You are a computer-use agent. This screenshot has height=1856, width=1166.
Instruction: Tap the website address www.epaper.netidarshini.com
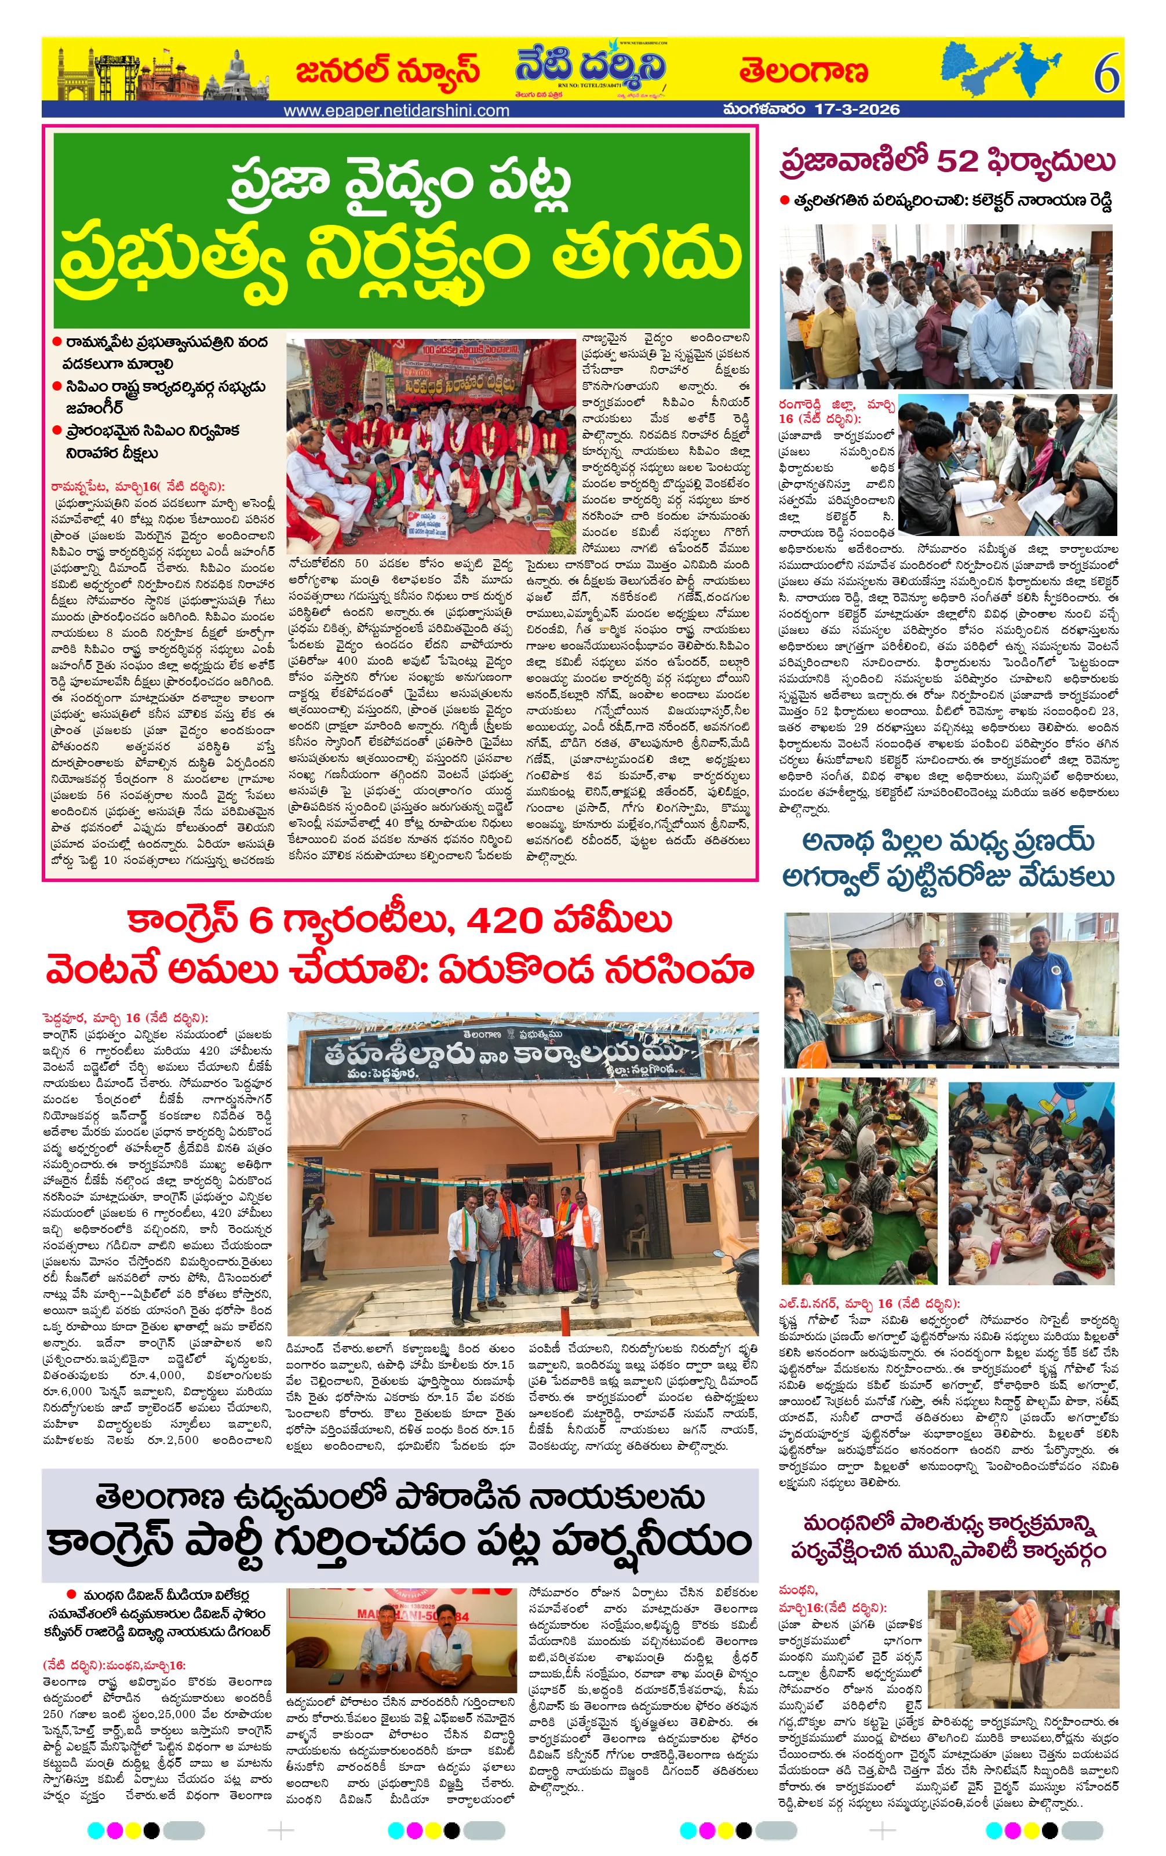[396, 110]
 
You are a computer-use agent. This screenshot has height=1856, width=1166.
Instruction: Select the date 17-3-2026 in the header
[856, 110]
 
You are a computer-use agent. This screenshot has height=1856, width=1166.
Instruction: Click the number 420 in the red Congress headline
[500, 920]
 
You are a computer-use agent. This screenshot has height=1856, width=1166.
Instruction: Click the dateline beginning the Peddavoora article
[125, 1018]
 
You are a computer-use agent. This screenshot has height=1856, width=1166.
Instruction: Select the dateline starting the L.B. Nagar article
[869, 1303]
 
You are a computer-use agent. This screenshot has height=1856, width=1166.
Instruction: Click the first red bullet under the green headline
[57, 341]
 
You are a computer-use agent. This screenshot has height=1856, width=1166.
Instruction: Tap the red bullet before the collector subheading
[785, 201]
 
